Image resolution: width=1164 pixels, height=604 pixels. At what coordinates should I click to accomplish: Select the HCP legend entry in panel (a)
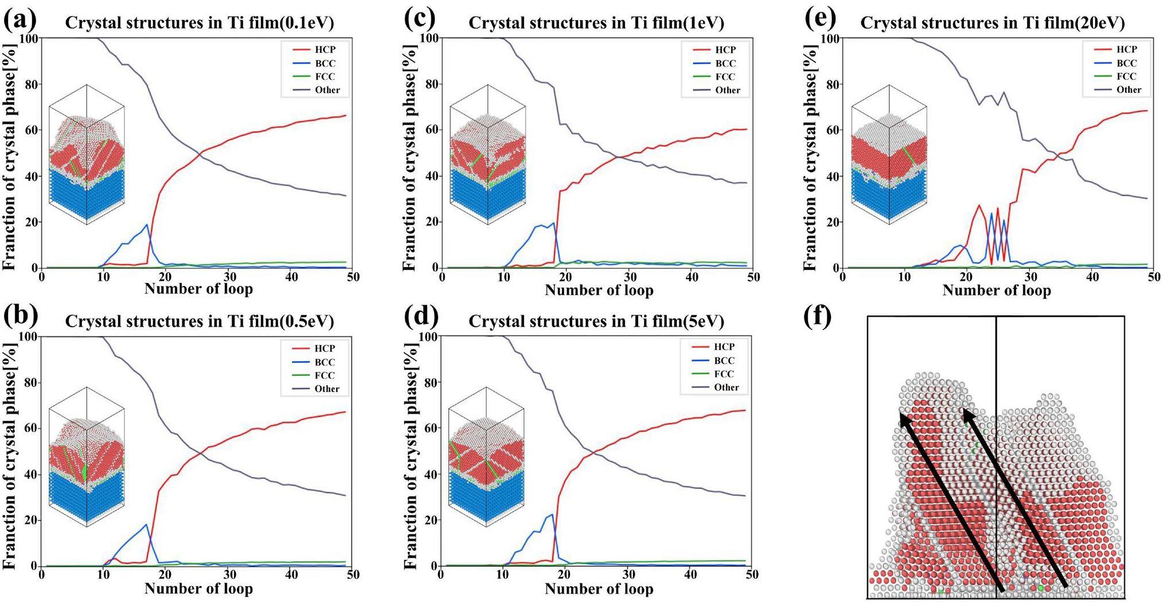325,50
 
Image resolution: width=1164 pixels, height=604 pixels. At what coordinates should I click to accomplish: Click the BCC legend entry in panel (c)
725,64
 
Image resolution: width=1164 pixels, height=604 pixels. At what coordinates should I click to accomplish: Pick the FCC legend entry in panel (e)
1126,76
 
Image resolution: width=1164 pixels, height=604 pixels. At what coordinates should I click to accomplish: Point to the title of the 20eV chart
992,23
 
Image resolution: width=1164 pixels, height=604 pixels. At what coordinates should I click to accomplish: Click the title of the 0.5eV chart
200,321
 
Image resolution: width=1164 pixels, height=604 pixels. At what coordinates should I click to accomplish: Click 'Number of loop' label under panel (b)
198,589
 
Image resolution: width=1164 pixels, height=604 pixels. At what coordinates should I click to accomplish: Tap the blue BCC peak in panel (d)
552,515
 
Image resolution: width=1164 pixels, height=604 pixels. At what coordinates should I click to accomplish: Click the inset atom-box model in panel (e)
889,155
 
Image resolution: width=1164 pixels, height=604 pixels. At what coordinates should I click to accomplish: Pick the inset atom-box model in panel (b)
87,456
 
